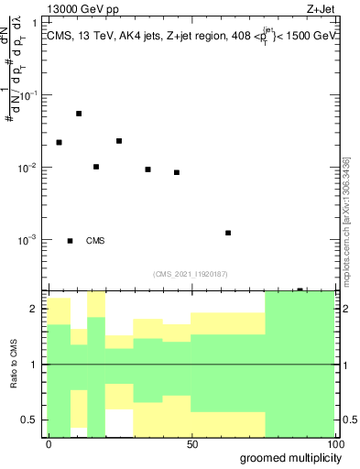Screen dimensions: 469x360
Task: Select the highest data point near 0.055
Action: [79, 114]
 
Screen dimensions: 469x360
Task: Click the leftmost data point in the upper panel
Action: [59, 143]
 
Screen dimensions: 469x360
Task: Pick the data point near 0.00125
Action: [228, 233]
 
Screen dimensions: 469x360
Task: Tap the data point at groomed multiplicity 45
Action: [177, 172]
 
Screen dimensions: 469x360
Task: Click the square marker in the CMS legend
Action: [71, 241]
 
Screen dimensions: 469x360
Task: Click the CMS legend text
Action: [95, 241]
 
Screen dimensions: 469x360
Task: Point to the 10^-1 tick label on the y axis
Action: [28, 96]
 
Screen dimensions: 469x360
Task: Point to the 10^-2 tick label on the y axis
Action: [28, 169]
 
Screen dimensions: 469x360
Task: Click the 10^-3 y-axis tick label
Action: [28, 240]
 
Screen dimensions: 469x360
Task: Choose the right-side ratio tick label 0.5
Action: [348, 420]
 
